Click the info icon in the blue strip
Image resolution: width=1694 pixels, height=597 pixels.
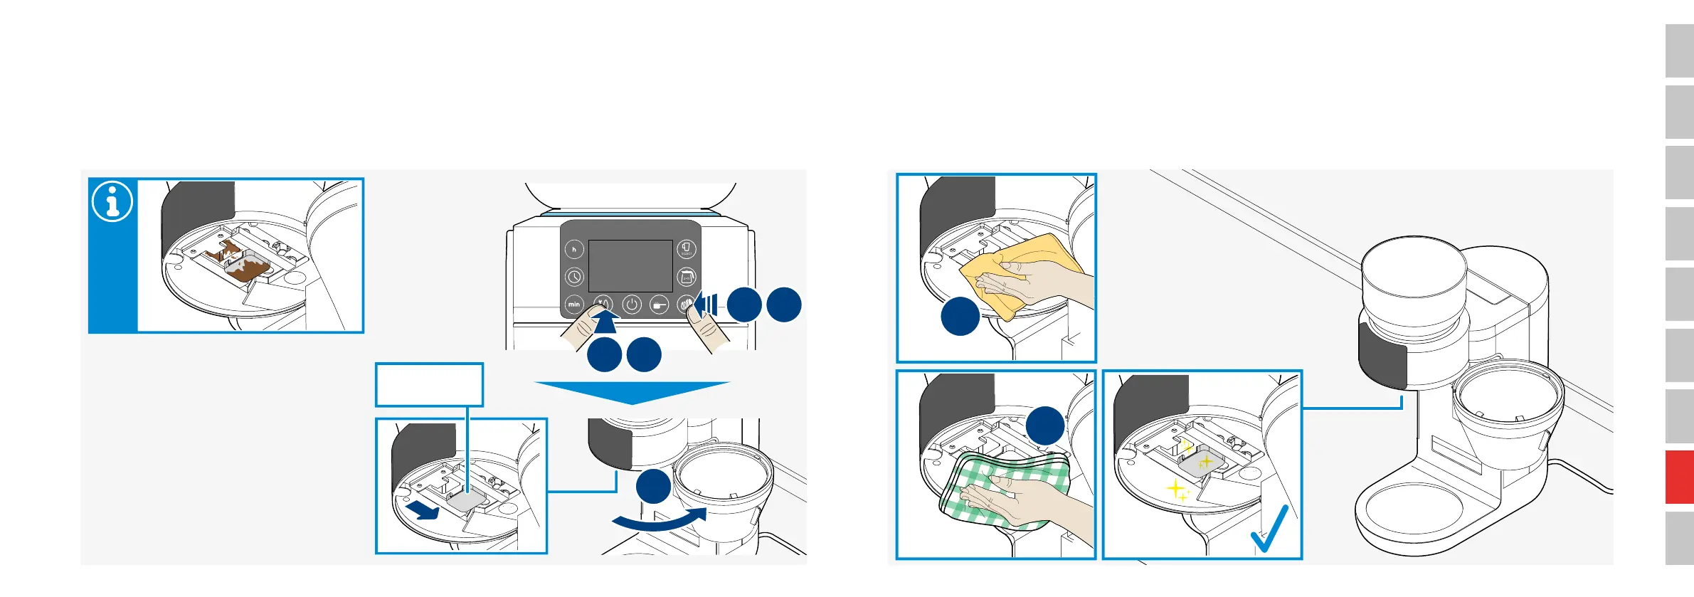coord(112,201)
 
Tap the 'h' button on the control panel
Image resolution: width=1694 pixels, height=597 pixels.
coord(574,249)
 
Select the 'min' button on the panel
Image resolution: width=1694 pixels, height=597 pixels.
coord(574,305)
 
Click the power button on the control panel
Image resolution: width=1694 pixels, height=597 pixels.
coord(632,305)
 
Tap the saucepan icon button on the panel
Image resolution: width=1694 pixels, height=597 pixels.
coord(660,305)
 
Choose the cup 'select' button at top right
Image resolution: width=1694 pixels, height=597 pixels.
coord(686,249)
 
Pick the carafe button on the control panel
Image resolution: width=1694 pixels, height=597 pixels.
coord(686,277)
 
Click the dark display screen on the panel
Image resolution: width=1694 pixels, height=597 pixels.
coord(630,265)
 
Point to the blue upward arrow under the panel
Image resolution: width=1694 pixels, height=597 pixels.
coord(605,322)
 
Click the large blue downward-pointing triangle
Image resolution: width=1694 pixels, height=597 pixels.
coord(632,392)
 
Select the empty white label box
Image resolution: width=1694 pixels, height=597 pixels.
coord(429,385)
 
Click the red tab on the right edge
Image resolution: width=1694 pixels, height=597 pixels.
coord(1679,477)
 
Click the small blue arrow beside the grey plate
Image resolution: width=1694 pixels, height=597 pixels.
coord(423,509)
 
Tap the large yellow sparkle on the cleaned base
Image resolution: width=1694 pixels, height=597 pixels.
coord(1176,489)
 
